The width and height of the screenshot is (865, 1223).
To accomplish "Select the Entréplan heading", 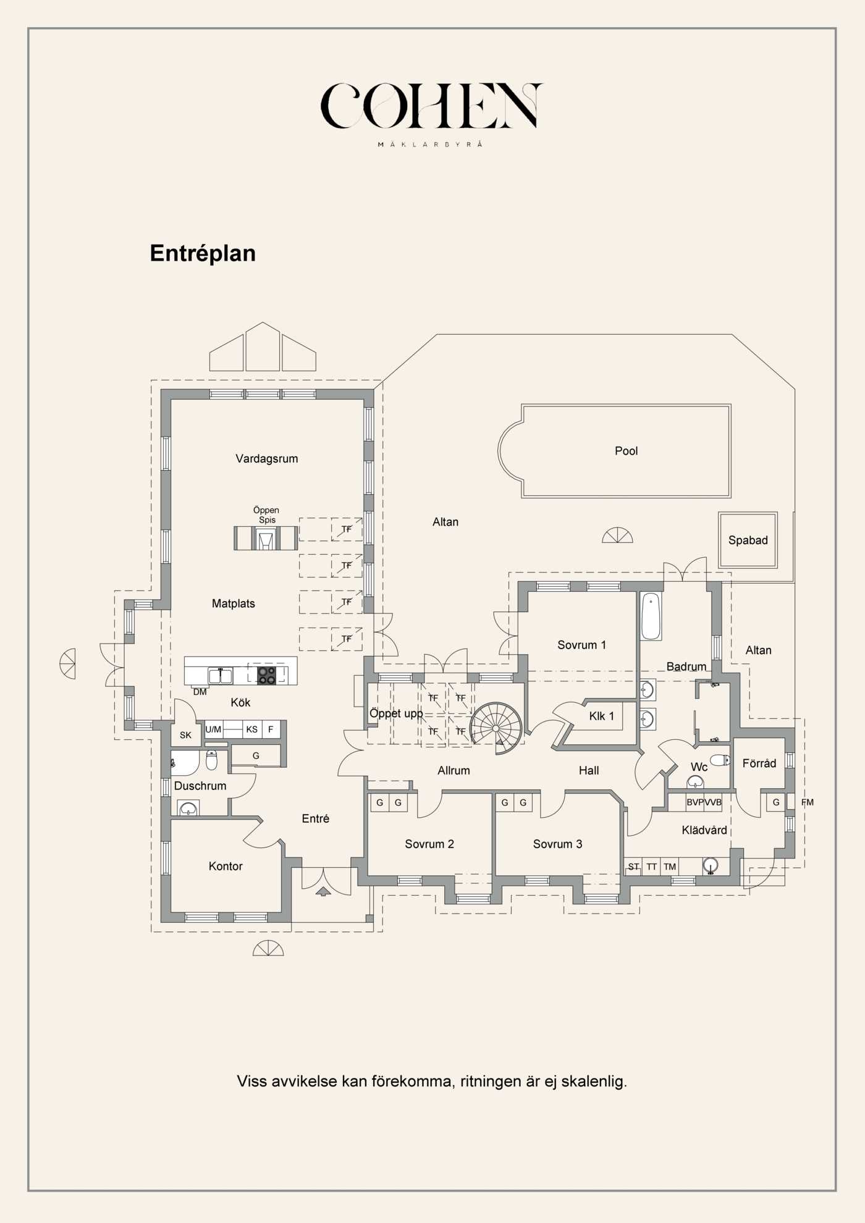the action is (x=203, y=253).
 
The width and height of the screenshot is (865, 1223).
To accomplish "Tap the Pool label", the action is (x=626, y=451).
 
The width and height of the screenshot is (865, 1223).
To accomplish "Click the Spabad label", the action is (x=748, y=540).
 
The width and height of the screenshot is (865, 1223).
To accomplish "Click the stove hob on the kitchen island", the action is (x=267, y=675).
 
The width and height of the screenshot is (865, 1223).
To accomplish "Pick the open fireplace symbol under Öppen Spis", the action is (x=265, y=539).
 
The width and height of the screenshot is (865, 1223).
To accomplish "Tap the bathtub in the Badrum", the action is (x=651, y=616).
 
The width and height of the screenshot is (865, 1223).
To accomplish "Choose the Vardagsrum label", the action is (x=266, y=458).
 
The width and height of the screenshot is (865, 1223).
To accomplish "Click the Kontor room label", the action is (x=226, y=866).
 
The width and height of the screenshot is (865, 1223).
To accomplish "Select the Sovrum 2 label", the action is (x=429, y=844).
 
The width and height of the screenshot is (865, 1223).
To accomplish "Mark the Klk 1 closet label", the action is (x=601, y=716).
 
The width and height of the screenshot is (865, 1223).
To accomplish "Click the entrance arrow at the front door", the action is (x=323, y=891).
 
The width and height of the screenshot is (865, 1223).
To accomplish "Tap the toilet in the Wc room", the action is (x=720, y=760).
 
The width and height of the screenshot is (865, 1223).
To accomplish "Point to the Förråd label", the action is (x=759, y=763).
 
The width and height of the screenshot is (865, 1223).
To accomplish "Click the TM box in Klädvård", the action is (x=670, y=867).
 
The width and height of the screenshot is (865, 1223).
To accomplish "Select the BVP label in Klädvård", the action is (x=695, y=802).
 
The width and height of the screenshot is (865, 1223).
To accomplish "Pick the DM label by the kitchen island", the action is (x=200, y=692).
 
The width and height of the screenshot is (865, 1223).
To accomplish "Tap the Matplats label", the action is (x=233, y=603).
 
